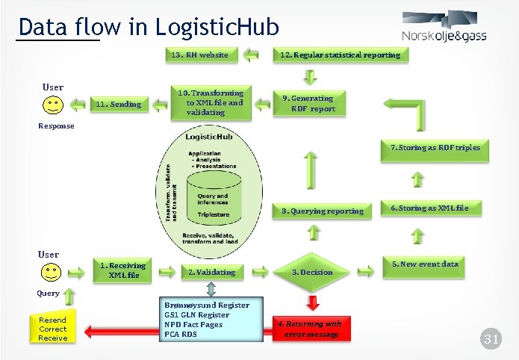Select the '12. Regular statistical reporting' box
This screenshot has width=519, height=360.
pyautogui.click(x=339, y=55)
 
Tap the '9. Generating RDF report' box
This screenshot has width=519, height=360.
pyautogui.click(x=313, y=103)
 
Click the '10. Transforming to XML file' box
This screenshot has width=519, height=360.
pyautogui.click(x=214, y=102)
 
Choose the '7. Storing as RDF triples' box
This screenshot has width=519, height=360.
pyautogui.click(x=435, y=148)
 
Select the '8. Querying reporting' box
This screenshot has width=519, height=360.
pyautogui.click(x=322, y=211)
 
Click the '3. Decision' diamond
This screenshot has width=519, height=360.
pyautogui.click(x=312, y=272)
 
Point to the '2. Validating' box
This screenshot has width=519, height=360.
pyautogui.click(x=211, y=272)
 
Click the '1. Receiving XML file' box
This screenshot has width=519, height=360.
pyautogui.click(x=123, y=270)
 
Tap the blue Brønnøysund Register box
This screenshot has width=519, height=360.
pyautogui.click(x=207, y=319)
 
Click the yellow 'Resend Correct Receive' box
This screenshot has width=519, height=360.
pyautogui.click(x=52, y=329)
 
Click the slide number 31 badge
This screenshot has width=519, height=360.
pyautogui.click(x=491, y=340)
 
